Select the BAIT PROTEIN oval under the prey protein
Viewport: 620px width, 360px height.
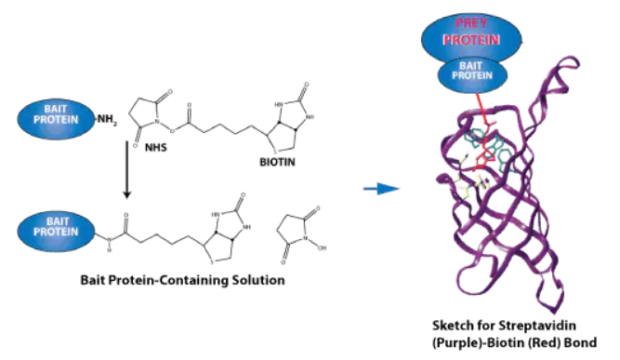pyautogui.click(x=472, y=74)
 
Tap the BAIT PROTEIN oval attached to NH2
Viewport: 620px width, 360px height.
pyautogui.click(x=56, y=119)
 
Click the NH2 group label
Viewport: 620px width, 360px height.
pyautogui.click(x=107, y=119)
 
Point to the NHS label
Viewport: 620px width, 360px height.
pyautogui.click(x=156, y=148)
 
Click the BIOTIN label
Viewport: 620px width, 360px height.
pyautogui.click(x=277, y=162)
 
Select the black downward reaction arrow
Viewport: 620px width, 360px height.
pyautogui.click(x=127, y=169)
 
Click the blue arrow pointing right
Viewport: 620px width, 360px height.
pyautogui.click(x=381, y=188)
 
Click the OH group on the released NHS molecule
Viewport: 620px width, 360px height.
pyautogui.click(x=322, y=248)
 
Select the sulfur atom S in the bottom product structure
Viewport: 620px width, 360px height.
pyautogui.click(x=212, y=262)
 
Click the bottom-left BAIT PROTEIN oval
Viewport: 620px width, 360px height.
pyautogui.click(x=56, y=231)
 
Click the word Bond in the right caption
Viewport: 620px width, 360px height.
pyautogui.click(x=582, y=342)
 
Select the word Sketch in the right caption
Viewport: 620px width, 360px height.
pyautogui.click(x=451, y=326)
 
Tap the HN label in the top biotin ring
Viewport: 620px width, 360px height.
pyautogui.click(x=279, y=105)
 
